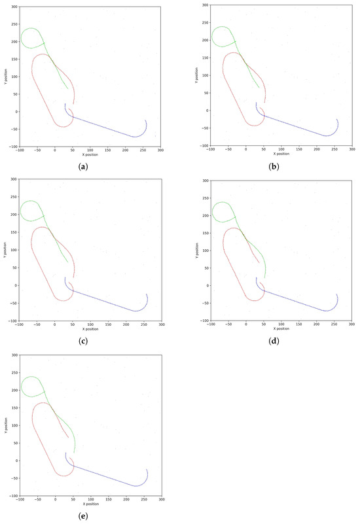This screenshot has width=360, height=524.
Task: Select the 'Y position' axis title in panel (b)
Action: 196,75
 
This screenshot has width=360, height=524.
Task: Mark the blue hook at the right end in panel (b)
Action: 335,128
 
